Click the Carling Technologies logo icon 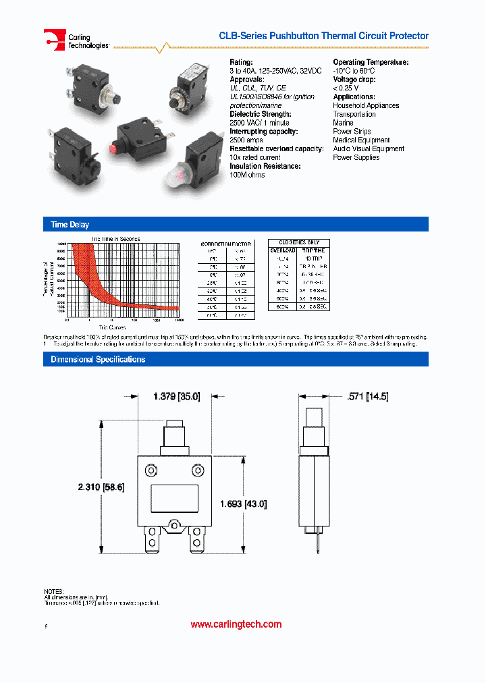(55, 39)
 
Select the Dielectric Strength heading (260, 114)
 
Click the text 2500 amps (246, 140)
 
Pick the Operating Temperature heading (371, 62)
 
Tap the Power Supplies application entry (356, 157)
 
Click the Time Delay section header (70, 225)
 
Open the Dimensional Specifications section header (98, 360)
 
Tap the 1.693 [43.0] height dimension (244, 503)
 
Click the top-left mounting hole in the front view (152, 469)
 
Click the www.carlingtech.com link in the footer (236, 624)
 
